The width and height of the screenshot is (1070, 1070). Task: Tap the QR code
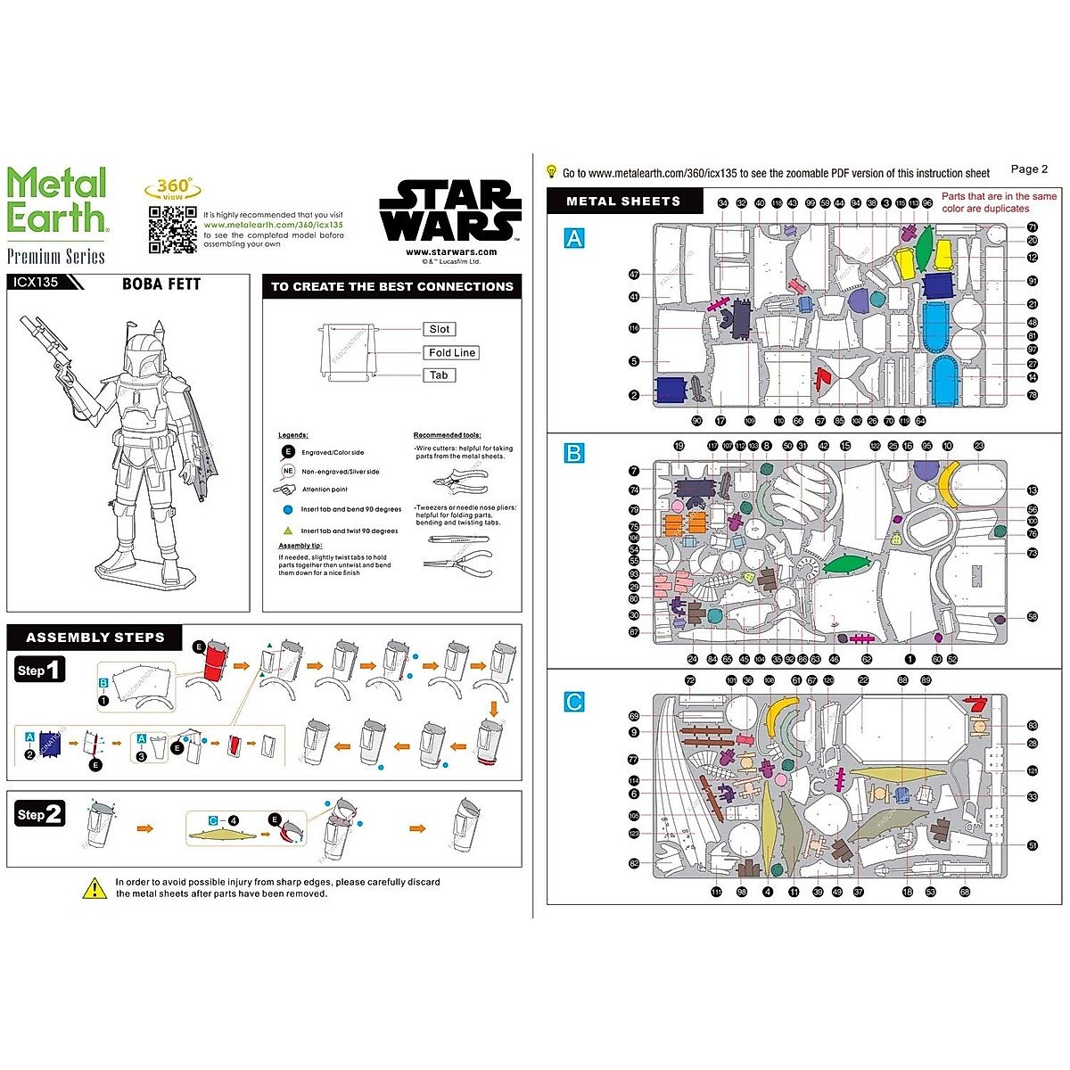coord(172,229)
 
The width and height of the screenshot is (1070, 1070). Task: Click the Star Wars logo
coord(450,211)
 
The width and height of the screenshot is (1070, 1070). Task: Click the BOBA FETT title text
coord(161,284)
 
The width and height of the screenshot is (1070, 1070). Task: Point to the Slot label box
coord(439,329)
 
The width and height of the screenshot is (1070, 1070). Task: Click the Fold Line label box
coord(452,352)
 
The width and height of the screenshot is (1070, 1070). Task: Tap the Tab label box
coord(439,375)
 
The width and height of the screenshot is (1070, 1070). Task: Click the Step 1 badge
coord(40,670)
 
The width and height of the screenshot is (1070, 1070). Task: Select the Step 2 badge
coord(40,814)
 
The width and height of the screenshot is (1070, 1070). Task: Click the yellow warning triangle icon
coord(95,888)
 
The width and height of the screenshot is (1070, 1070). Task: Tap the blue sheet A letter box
coord(574,238)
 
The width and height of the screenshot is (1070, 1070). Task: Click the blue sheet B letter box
coord(574,453)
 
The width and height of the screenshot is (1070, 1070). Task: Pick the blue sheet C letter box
coord(574,702)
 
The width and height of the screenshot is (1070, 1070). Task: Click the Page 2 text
coord(1029,169)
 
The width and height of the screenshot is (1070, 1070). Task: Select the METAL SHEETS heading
coord(623,202)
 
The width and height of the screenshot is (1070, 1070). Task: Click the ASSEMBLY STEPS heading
coord(95,638)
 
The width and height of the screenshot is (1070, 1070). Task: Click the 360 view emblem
coord(172,189)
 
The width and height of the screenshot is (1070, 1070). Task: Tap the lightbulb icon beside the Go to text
coord(551,172)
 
